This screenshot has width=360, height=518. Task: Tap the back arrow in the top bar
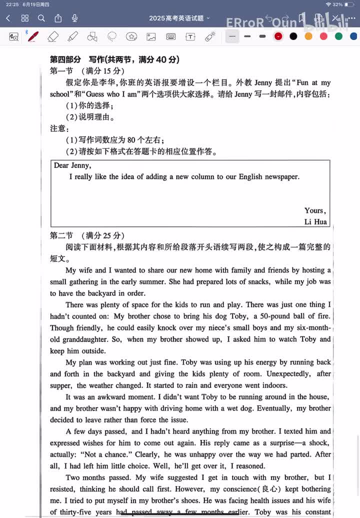tap(8, 18)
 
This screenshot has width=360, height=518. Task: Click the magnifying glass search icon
tap(41, 18)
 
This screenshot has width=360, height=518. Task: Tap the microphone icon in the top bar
tap(74, 18)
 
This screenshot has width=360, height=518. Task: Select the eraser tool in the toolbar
tap(53, 36)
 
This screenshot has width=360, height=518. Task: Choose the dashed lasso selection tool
tap(112, 36)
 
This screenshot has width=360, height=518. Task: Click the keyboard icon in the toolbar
tap(170, 36)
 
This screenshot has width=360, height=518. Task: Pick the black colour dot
tap(293, 36)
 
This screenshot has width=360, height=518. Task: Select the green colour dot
tap(338, 36)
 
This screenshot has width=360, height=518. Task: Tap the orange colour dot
tap(308, 36)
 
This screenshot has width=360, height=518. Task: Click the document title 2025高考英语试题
tap(176, 18)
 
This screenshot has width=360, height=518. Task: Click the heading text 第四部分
tap(65, 59)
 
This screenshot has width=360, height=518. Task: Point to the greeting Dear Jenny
tap(72, 165)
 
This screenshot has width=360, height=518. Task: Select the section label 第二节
tap(61, 235)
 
